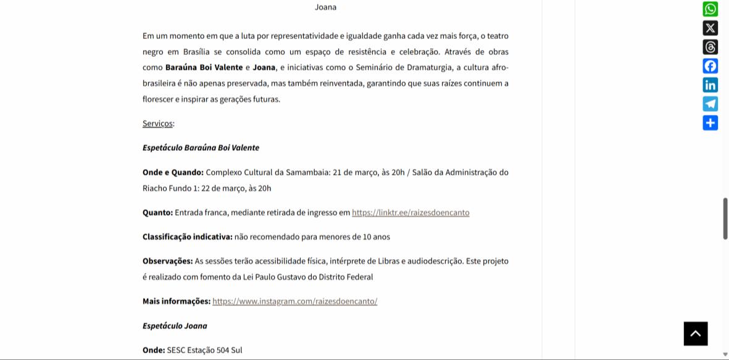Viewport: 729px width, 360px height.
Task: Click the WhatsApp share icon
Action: [x=710, y=9]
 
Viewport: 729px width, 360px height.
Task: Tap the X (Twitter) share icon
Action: [x=710, y=28]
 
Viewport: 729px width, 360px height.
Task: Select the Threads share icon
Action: [x=710, y=47]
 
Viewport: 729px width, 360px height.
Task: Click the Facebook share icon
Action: [x=710, y=66]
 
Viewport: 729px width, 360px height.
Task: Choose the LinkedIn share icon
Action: [x=710, y=85]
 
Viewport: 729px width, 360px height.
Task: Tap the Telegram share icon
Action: [x=710, y=104]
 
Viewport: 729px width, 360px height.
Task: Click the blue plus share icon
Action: [x=710, y=123]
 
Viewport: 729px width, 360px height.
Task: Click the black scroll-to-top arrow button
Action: [x=696, y=333]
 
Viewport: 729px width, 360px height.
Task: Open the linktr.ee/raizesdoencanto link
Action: [x=410, y=212]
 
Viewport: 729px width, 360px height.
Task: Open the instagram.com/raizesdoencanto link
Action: [x=294, y=301]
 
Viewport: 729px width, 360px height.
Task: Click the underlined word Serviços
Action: [x=157, y=123]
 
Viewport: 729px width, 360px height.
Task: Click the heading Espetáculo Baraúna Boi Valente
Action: [x=201, y=148]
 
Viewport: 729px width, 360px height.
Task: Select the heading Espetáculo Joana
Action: [x=175, y=326]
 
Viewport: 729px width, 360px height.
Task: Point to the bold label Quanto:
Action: [x=157, y=212]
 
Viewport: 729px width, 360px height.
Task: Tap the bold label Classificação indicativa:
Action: [x=187, y=237]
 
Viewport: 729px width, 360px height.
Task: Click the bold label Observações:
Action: [x=167, y=261]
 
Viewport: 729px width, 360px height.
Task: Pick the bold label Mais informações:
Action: [x=176, y=301]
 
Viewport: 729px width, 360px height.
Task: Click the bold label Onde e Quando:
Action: [x=173, y=172]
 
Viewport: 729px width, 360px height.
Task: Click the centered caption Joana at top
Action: [x=325, y=7]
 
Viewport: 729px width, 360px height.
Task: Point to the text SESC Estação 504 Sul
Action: [x=204, y=350]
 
